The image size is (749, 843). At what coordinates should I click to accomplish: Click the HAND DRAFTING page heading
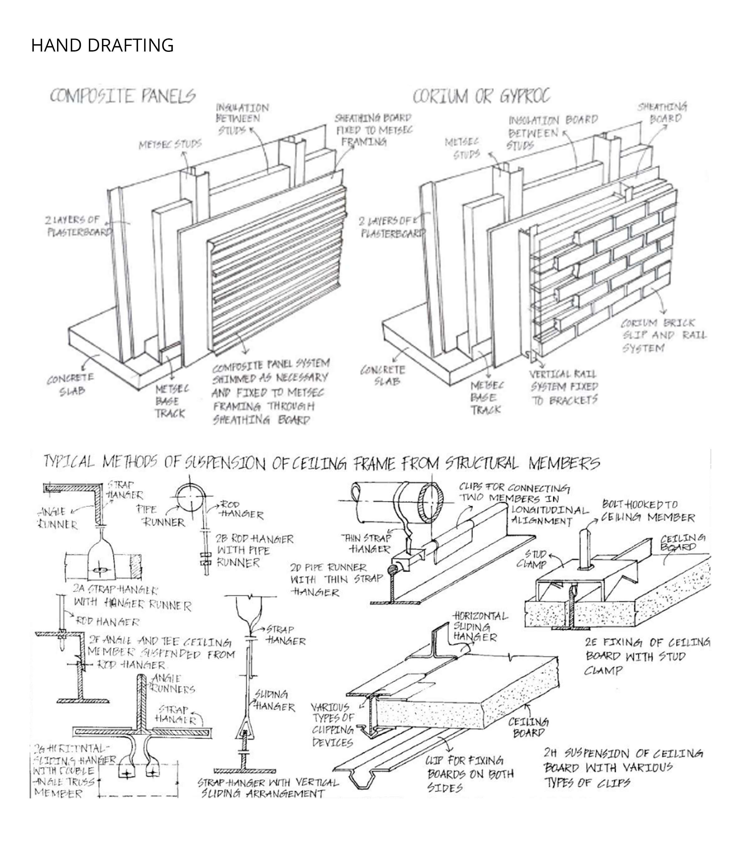pyautogui.click(x=102, y=45)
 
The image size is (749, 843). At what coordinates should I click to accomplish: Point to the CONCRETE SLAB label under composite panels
pyautogui.click(x=71, y=384)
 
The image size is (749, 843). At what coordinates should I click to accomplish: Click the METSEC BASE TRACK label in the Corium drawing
pyautogui.click(x=487, y=398)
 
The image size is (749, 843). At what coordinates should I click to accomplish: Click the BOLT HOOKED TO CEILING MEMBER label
pyautogui.click(x=648, y=511)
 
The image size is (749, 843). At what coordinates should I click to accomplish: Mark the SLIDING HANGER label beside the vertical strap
pyautogui.click(x=274, y=701)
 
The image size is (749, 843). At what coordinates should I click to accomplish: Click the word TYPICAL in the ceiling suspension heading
pyautogui.click(x=69, y=462)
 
